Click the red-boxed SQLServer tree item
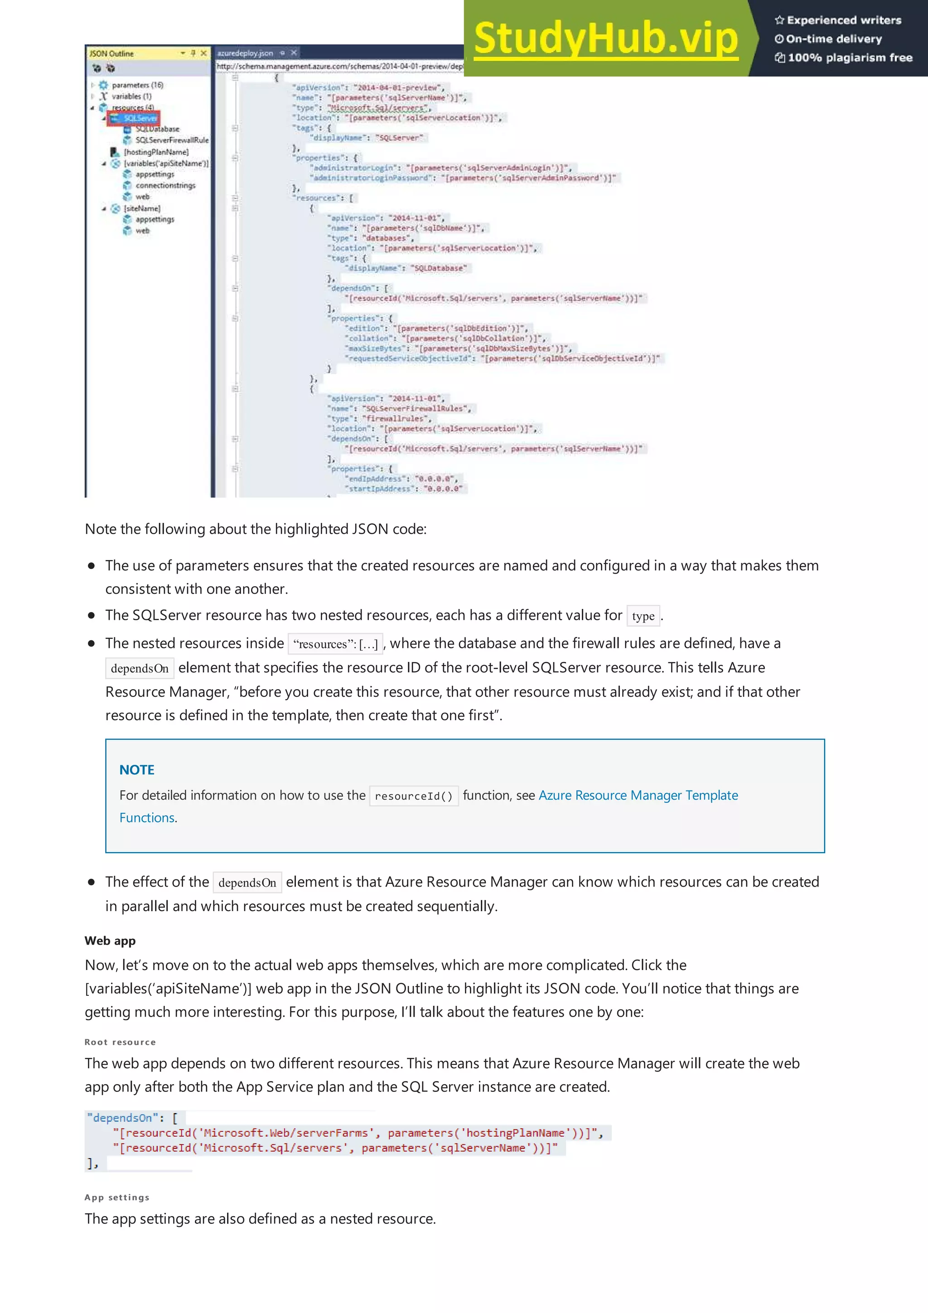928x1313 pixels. [140, 118]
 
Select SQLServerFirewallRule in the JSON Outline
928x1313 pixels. [172, 140]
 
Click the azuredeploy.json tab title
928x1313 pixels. [245, 53]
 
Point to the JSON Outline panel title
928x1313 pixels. [112, 53]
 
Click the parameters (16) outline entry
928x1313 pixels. [137, 85]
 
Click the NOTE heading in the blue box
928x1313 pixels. [137, 770]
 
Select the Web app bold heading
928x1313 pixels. [110, 941]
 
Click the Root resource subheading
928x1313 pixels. [120, 1042]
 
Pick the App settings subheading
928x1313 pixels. [116, 1197]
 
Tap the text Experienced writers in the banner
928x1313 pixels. [843, 20]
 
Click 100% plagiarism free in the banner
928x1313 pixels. [850, 57]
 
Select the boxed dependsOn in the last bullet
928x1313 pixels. [247, 883]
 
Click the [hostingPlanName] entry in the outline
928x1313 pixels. [155, 152]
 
